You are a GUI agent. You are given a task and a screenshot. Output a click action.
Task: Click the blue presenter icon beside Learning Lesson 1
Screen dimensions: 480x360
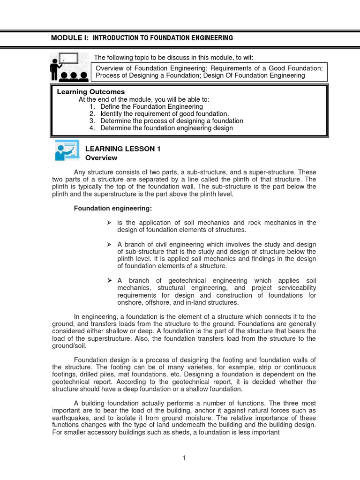[x=67, y=151]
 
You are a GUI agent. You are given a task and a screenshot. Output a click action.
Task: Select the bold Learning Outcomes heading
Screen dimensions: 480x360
[x=90, y=92]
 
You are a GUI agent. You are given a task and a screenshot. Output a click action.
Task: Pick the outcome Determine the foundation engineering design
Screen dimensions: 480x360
[x=166, y=128]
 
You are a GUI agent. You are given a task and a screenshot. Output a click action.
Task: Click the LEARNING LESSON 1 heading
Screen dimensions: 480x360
[x=123, y=149]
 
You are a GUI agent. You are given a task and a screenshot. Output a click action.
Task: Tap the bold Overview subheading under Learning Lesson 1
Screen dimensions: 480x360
[x=101, y=158]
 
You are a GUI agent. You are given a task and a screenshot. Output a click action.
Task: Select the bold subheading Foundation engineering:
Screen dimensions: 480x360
[x=113, y=208]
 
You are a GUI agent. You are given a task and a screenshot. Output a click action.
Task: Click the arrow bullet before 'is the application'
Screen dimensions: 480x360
[x=109, y=223]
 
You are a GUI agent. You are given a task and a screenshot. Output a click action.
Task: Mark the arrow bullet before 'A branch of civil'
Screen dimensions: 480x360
[x=109, y=245]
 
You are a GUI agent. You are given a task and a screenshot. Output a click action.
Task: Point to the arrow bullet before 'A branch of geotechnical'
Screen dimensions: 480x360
[x=109, y=280]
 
